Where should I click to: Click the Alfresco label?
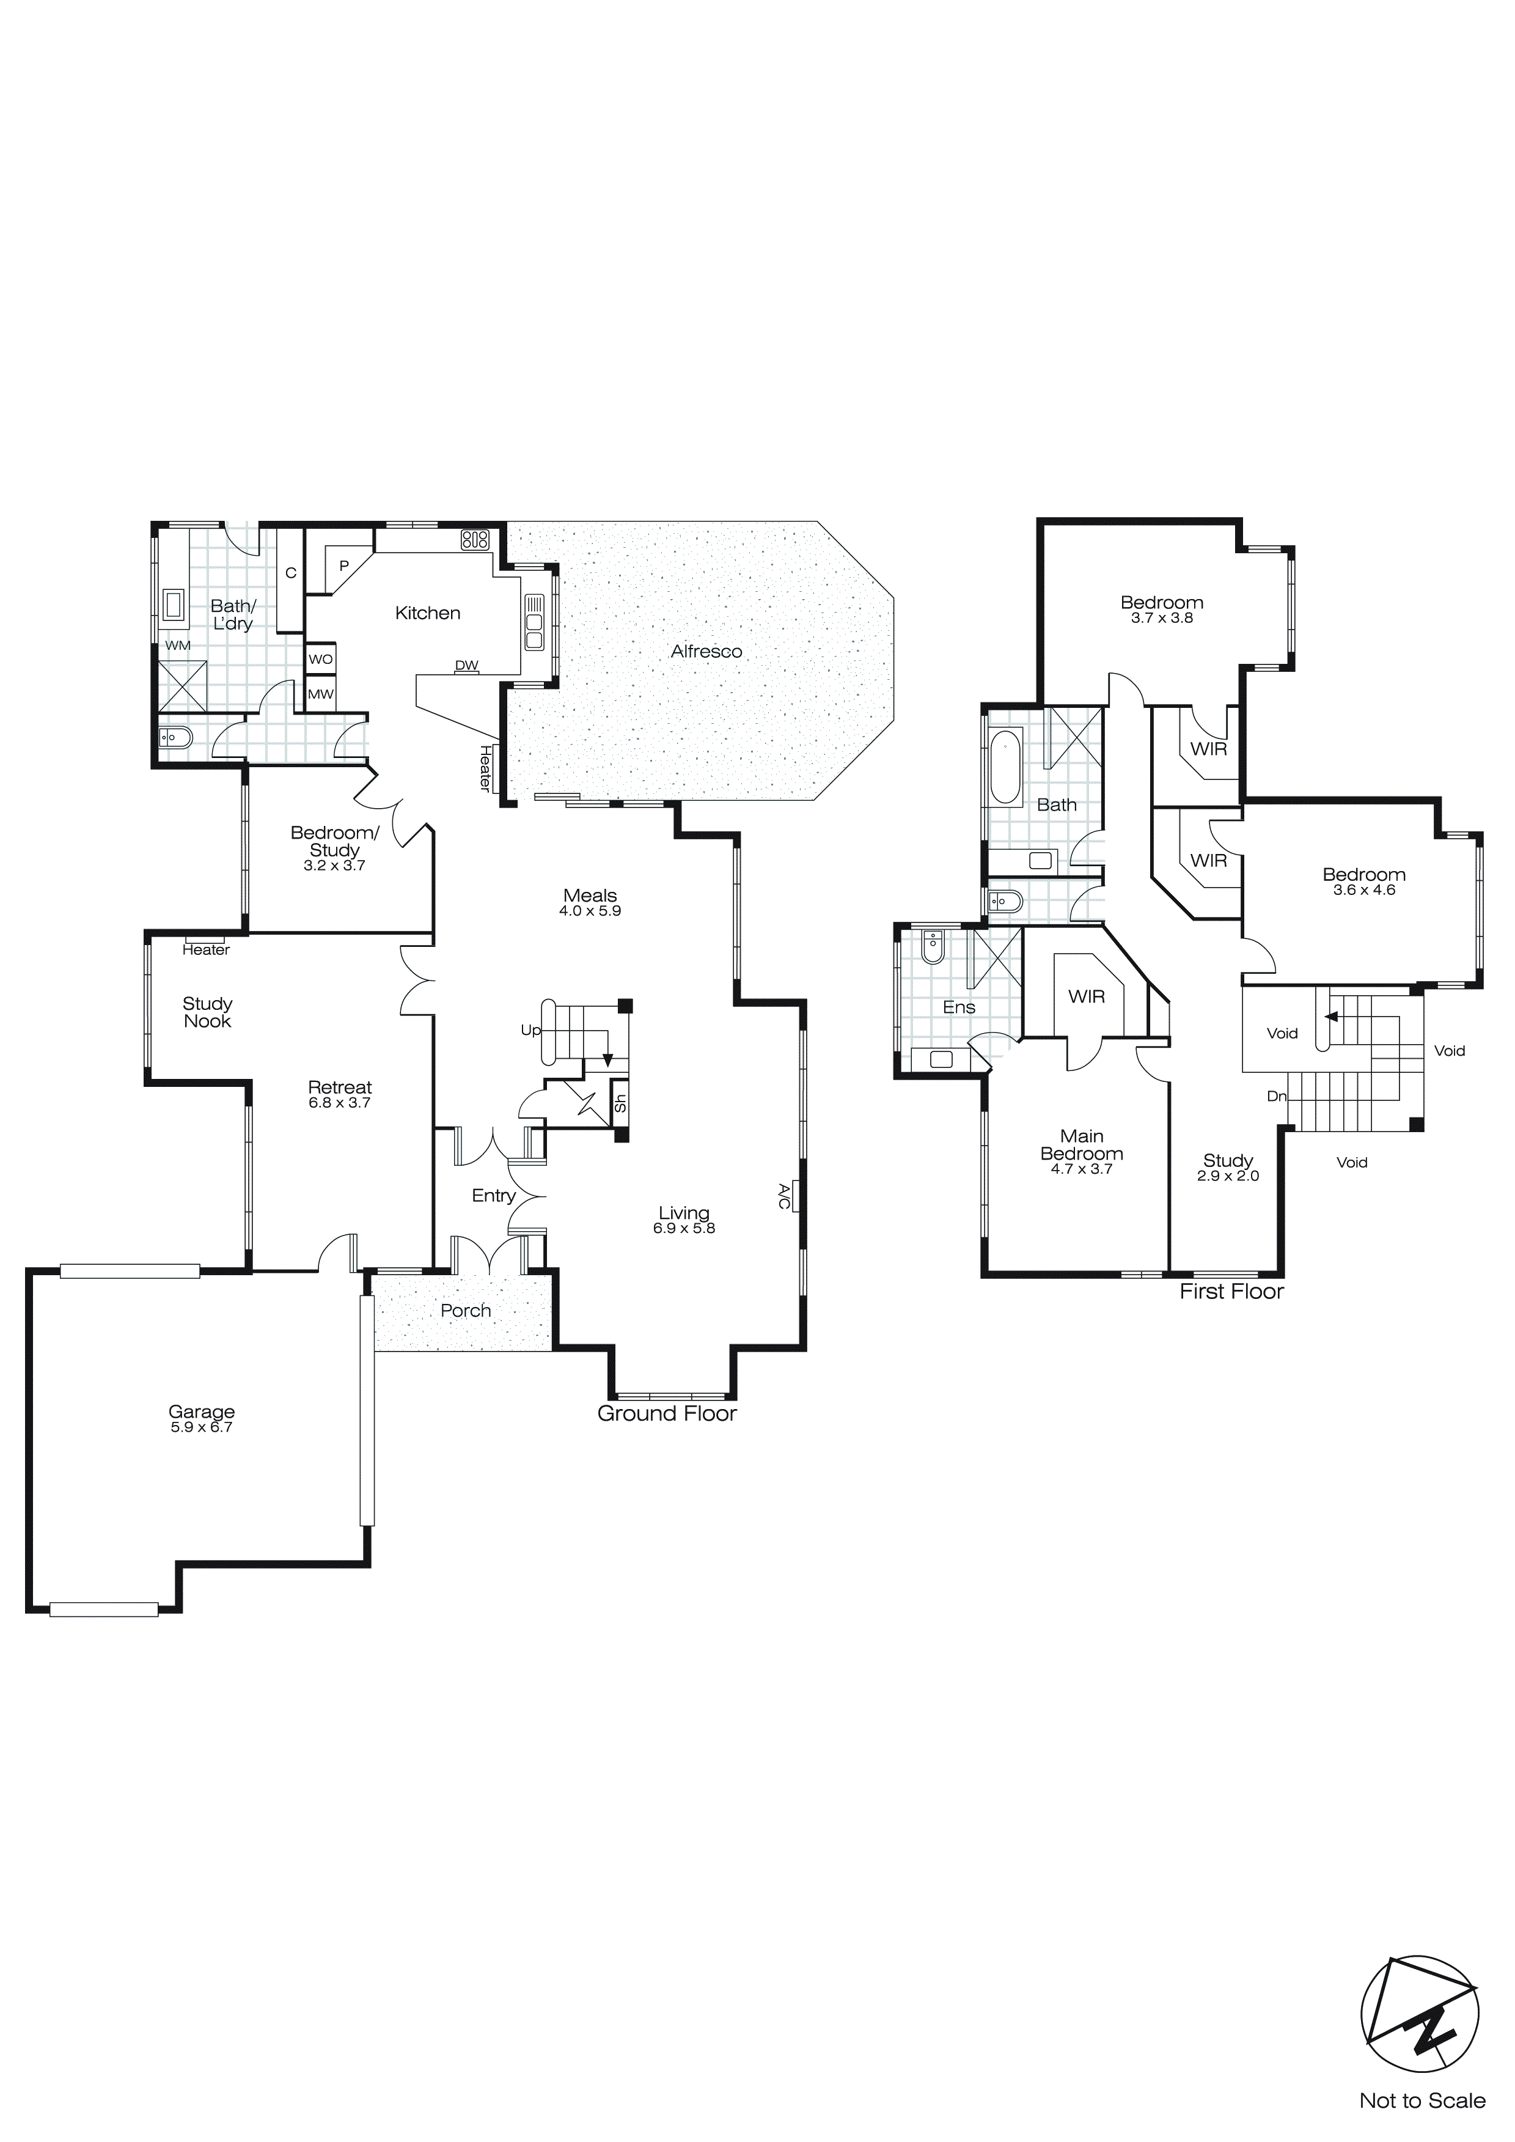pos(706,651)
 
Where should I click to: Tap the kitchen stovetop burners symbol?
pos(475,539)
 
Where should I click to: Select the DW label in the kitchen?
pos(466,665)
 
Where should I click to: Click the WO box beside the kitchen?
pos(321,658)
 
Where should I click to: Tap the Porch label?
pos(466,1310)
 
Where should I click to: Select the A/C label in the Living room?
pos(783,1196)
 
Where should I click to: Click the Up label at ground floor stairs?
pos(530,1030)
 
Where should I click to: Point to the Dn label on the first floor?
pos(1276,1096)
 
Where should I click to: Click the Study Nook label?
pos(207,1012)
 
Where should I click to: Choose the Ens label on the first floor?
pos(959,1007)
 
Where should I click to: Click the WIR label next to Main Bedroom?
pos(1086,996)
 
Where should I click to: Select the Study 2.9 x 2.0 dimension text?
pos(1228,1176)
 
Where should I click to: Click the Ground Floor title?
pos(667,1413)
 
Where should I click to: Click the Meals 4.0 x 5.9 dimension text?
pos(590,911)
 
